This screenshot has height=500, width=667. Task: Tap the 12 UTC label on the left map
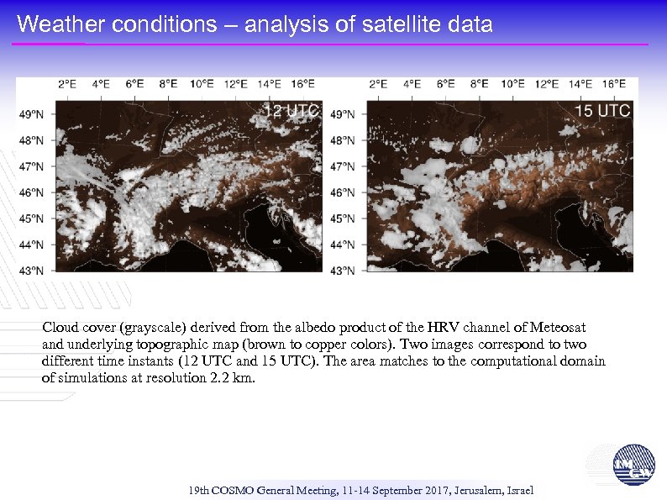pos(291,110)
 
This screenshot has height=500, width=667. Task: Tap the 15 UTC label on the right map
pos(602,110)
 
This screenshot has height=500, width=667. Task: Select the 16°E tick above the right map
pos(614,84)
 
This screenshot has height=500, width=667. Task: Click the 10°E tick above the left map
pos(202,84)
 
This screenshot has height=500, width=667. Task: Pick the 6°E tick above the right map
pos(445,84)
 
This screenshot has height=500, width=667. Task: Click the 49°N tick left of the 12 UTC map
pos(31,114)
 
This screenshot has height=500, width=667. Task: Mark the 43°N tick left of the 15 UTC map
pos(343,271)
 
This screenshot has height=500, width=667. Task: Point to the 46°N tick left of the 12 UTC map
pos(31,192)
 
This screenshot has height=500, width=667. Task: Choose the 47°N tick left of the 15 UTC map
pos(343,166)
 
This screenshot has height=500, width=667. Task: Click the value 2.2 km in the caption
pos(228,378)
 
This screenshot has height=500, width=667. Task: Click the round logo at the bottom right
pos(631,465)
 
